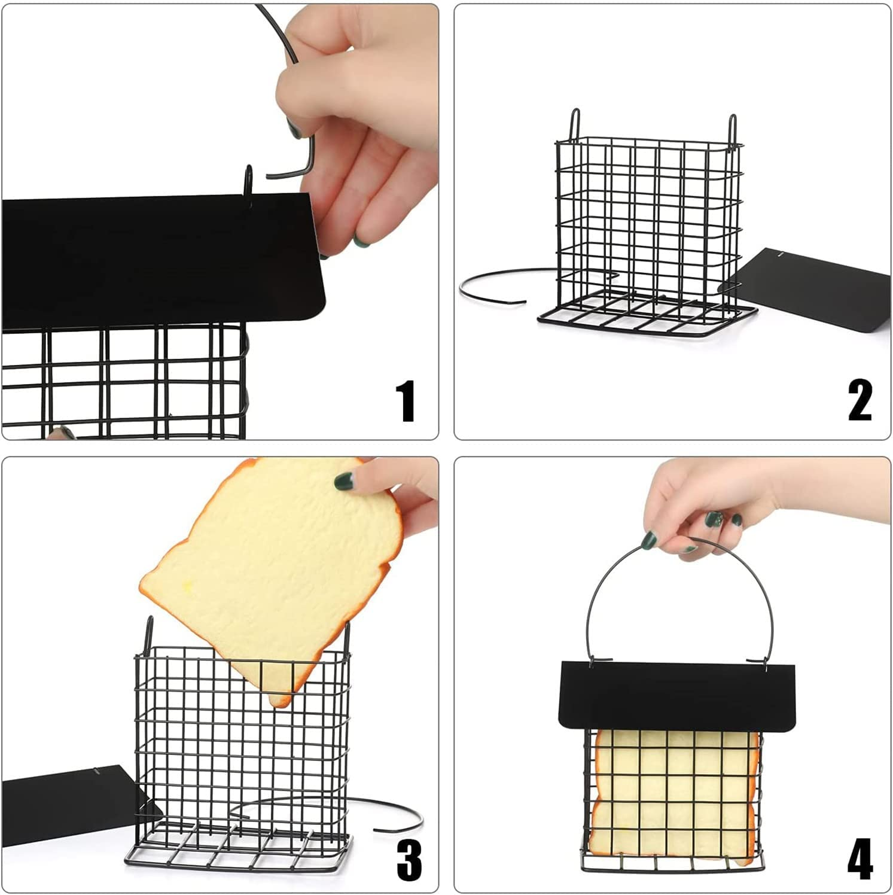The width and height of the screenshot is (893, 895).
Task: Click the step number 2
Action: pyautogui.click(x=860, y=401)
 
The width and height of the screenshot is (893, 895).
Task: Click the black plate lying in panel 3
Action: pyautogui.click(x=72, y=802)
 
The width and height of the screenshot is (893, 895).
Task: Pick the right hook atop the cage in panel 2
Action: pyautogui.click(x=732, y=126)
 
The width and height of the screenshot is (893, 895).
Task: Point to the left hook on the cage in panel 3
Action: pyautogui.click(x=149, y=631)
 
